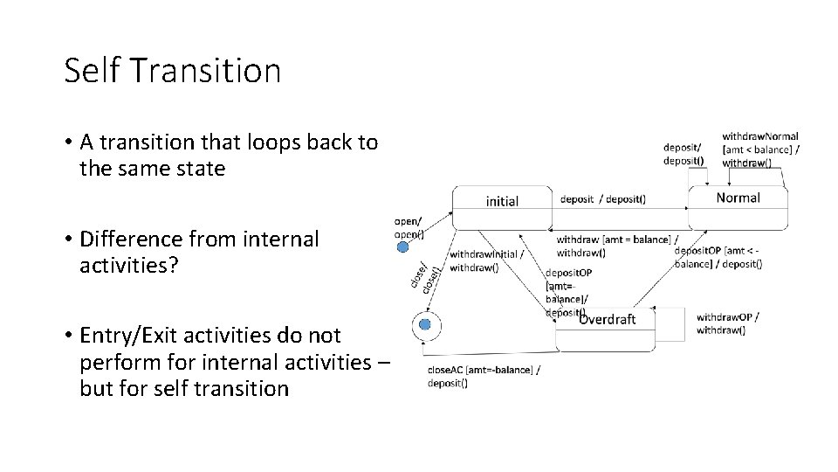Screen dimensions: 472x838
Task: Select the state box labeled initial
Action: pos(502,208)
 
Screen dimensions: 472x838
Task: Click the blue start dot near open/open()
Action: pos(402,247)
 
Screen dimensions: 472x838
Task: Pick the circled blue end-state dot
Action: pos(425,324)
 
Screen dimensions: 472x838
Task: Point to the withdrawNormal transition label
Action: pos(759,149)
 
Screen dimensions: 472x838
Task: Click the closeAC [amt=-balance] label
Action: pos(483,376)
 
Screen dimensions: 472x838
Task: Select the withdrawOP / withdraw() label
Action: pos(727,323)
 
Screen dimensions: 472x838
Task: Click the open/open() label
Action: pos(409,227)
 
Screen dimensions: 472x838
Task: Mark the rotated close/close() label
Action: pos(422,275)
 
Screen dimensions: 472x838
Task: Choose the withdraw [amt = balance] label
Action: pos(616,246)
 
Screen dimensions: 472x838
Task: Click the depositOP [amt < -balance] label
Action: pos(717,257)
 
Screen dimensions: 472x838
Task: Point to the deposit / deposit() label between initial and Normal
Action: pos(602,198)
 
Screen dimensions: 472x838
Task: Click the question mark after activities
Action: pos(174,265)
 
